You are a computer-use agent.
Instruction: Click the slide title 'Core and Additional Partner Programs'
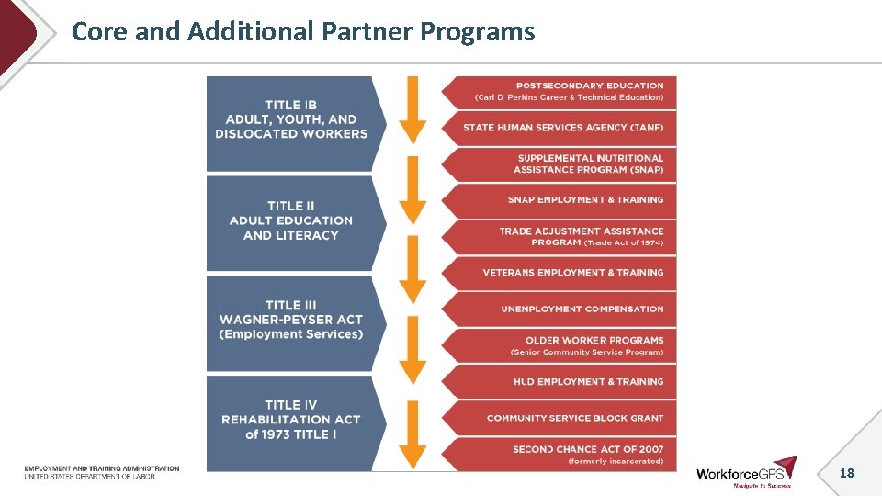point(303,32)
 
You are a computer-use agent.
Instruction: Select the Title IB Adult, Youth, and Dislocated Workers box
point(290,120)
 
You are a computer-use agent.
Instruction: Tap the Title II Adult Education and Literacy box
point(290,221)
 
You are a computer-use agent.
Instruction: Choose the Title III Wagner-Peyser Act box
point(290,321)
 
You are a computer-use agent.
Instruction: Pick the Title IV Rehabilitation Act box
point(290,420)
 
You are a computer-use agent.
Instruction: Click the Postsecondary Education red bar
point(565,92)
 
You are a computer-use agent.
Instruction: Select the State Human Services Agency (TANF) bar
point(565,128)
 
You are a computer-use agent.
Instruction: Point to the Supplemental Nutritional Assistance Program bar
point(565,163)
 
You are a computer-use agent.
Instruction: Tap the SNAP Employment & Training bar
point(565,200)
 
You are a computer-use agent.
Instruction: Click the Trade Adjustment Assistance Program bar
point(565,236)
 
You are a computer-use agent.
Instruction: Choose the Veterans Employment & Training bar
point(565,273)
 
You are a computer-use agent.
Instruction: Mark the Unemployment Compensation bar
point(565,309)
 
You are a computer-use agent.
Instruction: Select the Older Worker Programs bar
point(565,345)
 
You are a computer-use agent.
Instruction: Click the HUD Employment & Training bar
point(565,381)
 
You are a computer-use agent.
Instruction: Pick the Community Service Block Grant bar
point(565,418)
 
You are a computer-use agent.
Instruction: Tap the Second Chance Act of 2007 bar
point(565,454)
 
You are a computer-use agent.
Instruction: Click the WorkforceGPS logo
point(745,472)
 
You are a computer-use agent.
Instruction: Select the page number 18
point(846,473)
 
